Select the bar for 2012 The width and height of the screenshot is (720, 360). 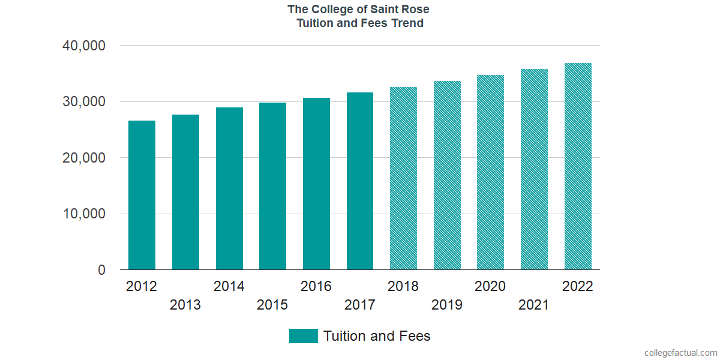pos(142,195)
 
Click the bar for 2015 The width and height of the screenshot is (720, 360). pos(272,186)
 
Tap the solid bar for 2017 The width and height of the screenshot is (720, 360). pos(360,181)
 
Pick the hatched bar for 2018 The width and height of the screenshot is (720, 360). pos(403,178)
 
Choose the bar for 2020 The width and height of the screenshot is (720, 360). pos(490,172)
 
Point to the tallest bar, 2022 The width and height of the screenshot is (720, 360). pos(578,166)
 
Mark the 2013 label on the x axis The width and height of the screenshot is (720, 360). pos(185,305)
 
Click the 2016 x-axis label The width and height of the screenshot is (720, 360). pos(316,286)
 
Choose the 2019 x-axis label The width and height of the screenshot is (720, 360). pos(447,305)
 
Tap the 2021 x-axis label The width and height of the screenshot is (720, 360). pos(534,305)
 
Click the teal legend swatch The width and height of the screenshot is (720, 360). pos(303,336)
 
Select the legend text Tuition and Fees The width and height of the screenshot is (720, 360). pos(377,336)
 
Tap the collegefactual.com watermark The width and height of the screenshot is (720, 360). pos(680,353)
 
